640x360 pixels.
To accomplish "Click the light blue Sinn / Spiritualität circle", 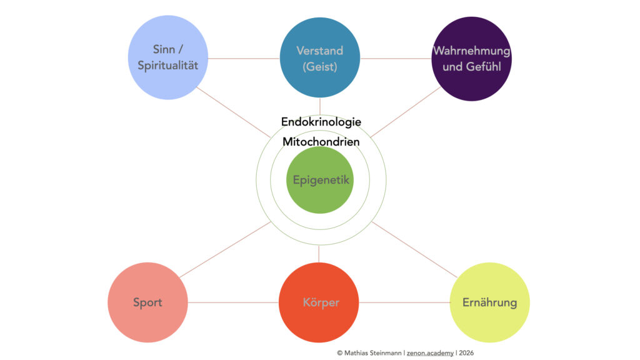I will [x=167, y=58].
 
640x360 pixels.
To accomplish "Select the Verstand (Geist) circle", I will [x=319, y=58].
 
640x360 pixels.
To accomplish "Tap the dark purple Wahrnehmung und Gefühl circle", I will [x=472, y=58].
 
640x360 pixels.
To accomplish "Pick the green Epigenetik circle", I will [x=321, y=180].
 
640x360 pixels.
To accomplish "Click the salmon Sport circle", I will [x=148, y=302].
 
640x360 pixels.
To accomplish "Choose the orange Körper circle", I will [x=319, y=302].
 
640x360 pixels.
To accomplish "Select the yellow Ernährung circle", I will [x=489, y=302].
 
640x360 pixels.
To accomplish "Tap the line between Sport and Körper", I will [x=233, y=302].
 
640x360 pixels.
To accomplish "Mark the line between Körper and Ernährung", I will [x=404, y=302].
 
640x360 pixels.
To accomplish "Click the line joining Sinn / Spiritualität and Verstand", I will [x=243, y=59].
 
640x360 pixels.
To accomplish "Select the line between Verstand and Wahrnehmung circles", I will [x=396, y=59].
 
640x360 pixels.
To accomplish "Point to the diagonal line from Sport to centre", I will [x=225, y=250].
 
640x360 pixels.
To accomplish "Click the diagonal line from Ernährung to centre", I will [x=416, y=250].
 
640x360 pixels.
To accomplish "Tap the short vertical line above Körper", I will [x=319, y=253].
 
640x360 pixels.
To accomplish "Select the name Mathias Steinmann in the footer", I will [x=372, y=352].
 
